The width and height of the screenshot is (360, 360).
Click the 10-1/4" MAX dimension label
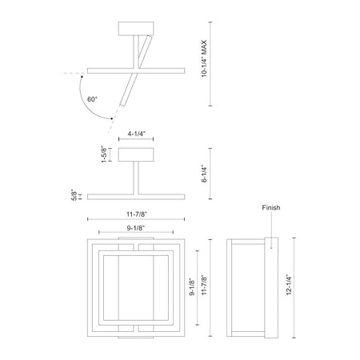coord(204,58)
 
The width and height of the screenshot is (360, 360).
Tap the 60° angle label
coord(92,99)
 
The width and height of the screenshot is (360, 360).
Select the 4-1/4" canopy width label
coord(136,134)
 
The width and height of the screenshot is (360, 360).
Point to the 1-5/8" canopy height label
coord(104,154)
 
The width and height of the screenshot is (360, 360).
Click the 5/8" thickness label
coord(74,195)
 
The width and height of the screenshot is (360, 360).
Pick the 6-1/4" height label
coord(204,174)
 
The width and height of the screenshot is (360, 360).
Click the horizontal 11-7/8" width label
coord(137,214)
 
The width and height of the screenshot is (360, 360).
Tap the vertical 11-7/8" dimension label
coord(204,285)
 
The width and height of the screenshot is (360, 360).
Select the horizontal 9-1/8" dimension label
coord(136,228)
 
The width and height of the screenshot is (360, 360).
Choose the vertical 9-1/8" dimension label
coord(192,287)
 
